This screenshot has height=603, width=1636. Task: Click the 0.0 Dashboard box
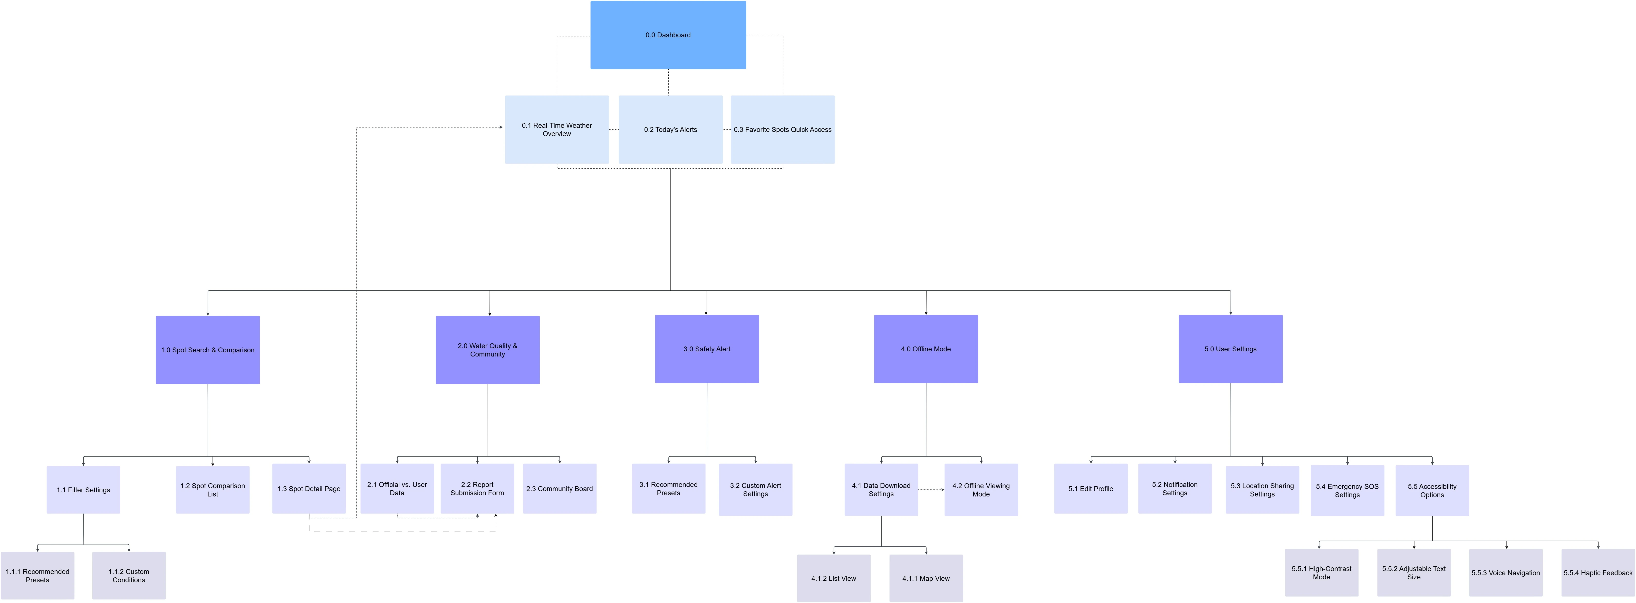pyautogui.click(x=668, y=35)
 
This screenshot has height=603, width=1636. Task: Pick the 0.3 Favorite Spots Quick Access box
pyautogui.click(x=782, y=130)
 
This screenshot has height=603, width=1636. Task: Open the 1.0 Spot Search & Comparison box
pyautogui.click(x=208, y=350)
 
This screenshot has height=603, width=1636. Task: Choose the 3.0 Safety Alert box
pyautogui.click(x=707, y=349)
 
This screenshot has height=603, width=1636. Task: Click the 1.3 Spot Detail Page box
pyautogui.click(x=309, y=489)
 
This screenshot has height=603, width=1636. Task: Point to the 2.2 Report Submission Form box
pyautogui.click(x=477, y=489)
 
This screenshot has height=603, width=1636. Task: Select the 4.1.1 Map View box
pyautogui.click(x=926, y=578)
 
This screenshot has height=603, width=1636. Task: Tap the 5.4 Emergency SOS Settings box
pyautogui.click(x=1347, y=491)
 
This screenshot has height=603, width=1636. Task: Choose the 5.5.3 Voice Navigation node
pyautogui.click(x=1506, y=573)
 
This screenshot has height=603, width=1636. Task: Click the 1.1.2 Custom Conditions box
pyautogui.click(x=129, y=576)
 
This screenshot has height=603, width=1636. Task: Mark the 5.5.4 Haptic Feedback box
pyautogui.click(x=1598, y=573)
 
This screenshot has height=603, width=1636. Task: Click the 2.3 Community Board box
pyautogui.click(x=559, y=489)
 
